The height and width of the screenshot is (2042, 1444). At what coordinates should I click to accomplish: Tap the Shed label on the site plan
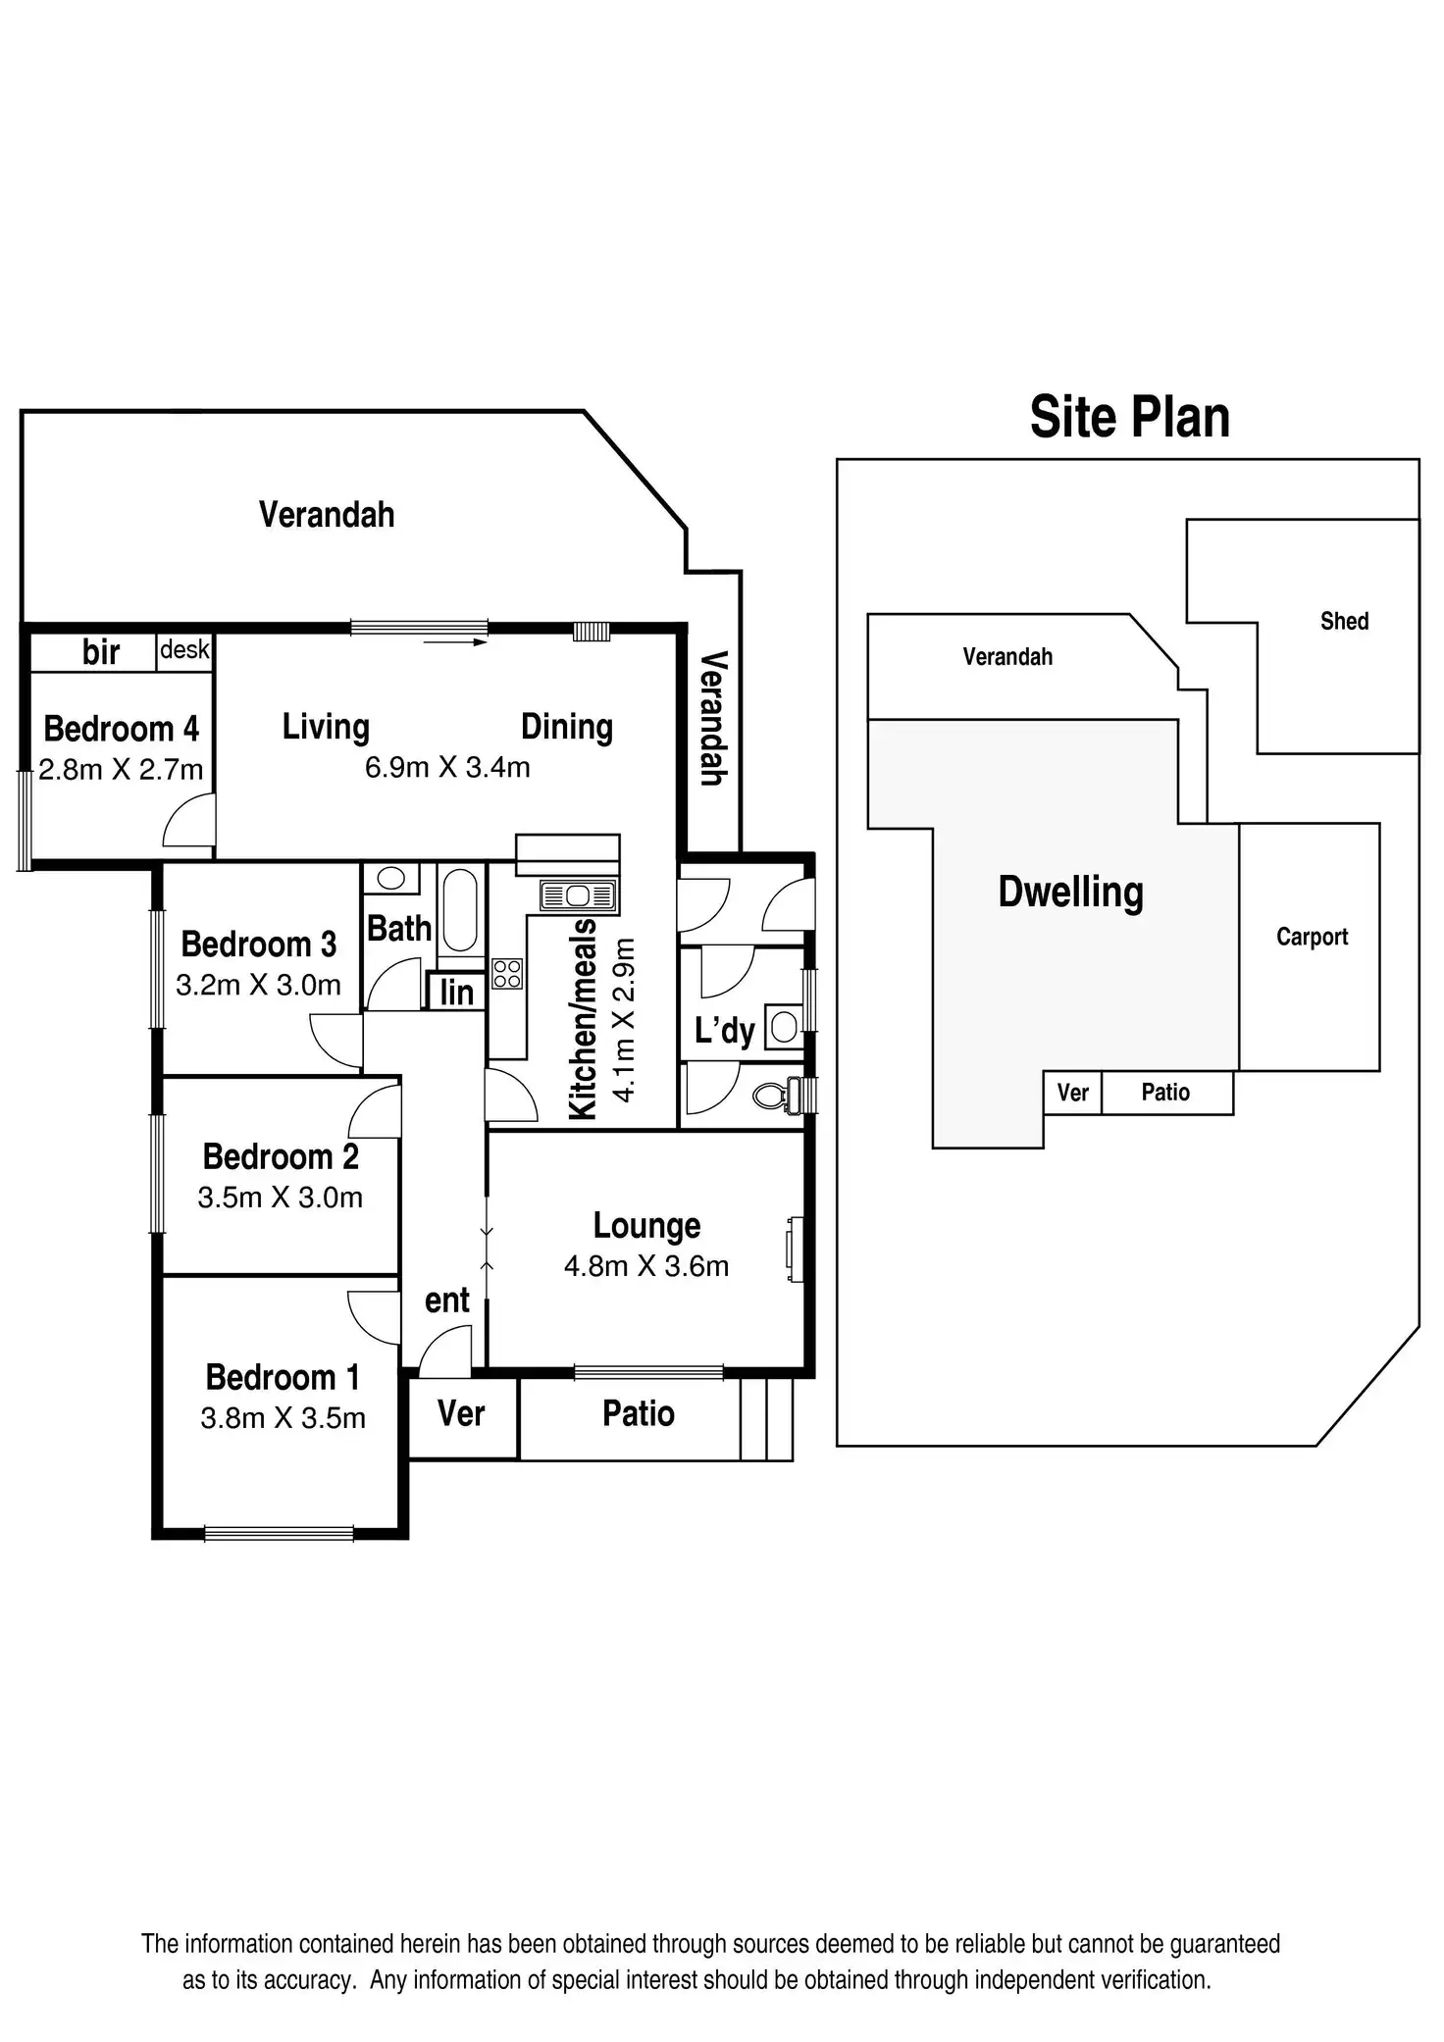[x=1343, y=621]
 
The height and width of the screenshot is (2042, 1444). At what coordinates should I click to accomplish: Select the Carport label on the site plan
[x=1312, y=937]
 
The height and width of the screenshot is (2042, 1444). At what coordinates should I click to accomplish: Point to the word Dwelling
[x=1070, y=893]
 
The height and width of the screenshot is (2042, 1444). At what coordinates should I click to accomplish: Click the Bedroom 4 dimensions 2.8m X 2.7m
[x=121, y=770]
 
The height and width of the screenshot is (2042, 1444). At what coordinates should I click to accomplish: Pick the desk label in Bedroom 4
[x=184, y=649]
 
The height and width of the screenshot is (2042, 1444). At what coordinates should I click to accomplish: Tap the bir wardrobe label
[x=101, y=652]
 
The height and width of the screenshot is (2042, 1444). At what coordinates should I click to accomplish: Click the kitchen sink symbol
[x=578, y=894]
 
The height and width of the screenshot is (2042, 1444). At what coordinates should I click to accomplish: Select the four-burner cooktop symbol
[x=507, y=974]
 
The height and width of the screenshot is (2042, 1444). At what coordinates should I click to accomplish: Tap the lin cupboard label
[x=456, y=993]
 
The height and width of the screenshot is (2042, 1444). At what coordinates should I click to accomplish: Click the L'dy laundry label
[x=724, y=1031]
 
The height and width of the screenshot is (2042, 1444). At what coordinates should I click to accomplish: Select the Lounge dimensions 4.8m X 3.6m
[x=645, y=1266]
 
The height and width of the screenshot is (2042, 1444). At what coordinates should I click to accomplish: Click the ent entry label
[x=447, y=1301]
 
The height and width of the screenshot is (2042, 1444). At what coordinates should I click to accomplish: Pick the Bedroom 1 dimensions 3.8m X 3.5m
[x=283, y=1418]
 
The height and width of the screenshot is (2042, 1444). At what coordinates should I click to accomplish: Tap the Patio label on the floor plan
[x=638, y=1413]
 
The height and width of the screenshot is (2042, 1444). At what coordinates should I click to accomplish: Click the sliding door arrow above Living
[x=455, y=642]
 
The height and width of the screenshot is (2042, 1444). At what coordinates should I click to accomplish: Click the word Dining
[x=566, y=727]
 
